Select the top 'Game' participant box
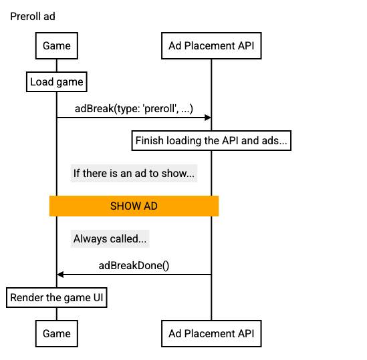pyautogui.click(x=56, y=46)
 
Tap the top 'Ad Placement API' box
pyautogui.click(x=211, y=46)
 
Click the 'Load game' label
pyautogui.click(x=57, y=82)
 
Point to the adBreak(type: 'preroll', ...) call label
pyautogui.click(x=134, y=109)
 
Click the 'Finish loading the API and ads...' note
pyautogui.click(x=211, y=141)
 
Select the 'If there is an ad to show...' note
pyautogui.click(x=134, y=174)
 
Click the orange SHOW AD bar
pyautogui.click(x=134, y=206)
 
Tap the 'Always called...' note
pyautogui.click(x=110, y=238)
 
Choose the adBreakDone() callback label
pyautogui.click(x=134, y=265)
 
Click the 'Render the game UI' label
pyautogui.click(x=57, y=298)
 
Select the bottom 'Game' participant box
pyautogui.click(x=56, y=333)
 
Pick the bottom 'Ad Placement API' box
pyautogui.click(x=211, y=333)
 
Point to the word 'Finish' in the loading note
pyautogui.click(x=149, y=141)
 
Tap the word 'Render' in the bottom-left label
pyautogui.click(x=26, y=298)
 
